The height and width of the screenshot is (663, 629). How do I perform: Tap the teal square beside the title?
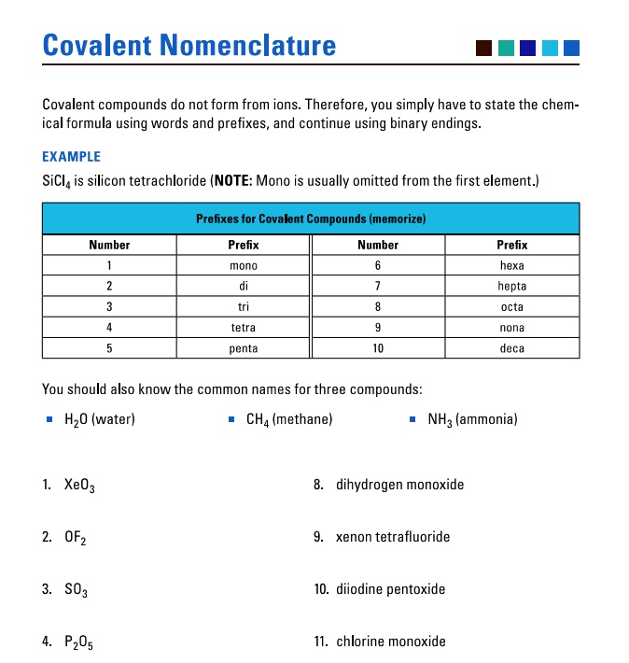[506, 48]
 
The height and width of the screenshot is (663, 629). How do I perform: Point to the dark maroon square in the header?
[483, 48]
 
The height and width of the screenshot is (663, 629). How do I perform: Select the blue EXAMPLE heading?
[72, 157]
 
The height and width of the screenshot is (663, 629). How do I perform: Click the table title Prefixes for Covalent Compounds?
[311, 219]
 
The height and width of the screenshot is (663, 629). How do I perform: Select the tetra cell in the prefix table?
[244, 328]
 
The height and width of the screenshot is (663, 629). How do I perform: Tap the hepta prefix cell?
[511, 287]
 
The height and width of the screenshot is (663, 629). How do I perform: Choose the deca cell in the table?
[511, 348]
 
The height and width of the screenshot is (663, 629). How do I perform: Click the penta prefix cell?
[244, 348]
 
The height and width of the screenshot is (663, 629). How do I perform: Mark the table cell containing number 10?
[378, 348]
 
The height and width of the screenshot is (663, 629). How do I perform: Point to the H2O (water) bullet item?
[99, 419]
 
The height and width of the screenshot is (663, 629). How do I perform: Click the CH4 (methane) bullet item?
[288, 419]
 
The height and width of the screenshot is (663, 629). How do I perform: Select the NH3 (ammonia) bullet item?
[472, 419]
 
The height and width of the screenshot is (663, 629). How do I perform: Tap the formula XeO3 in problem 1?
[79, 486]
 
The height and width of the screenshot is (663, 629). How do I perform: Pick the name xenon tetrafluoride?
[393, 537]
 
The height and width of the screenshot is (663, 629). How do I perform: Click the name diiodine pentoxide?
[390, 589]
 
